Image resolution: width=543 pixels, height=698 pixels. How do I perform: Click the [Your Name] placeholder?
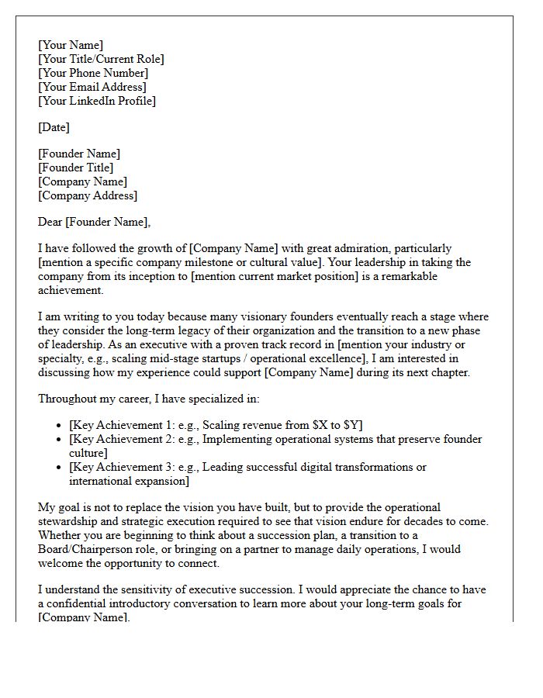tap(71, 45)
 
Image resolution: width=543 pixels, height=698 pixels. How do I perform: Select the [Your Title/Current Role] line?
tap(101, 59)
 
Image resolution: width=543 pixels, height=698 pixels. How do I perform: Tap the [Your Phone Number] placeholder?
tap(93, 73)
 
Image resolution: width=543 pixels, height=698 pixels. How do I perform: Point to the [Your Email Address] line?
tap(92, 87)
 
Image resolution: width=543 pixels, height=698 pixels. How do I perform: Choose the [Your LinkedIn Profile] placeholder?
tap(97, 101)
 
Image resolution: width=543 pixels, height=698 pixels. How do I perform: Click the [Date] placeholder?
tap(54, 127)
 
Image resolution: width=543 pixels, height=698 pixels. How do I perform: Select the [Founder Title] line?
tap(76, 168)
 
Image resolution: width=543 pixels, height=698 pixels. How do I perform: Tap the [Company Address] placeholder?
tap(88, 195)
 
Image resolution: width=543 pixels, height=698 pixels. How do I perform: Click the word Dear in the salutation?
tap(50, 222)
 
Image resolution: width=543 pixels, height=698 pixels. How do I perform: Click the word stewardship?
tap(70, 521)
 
